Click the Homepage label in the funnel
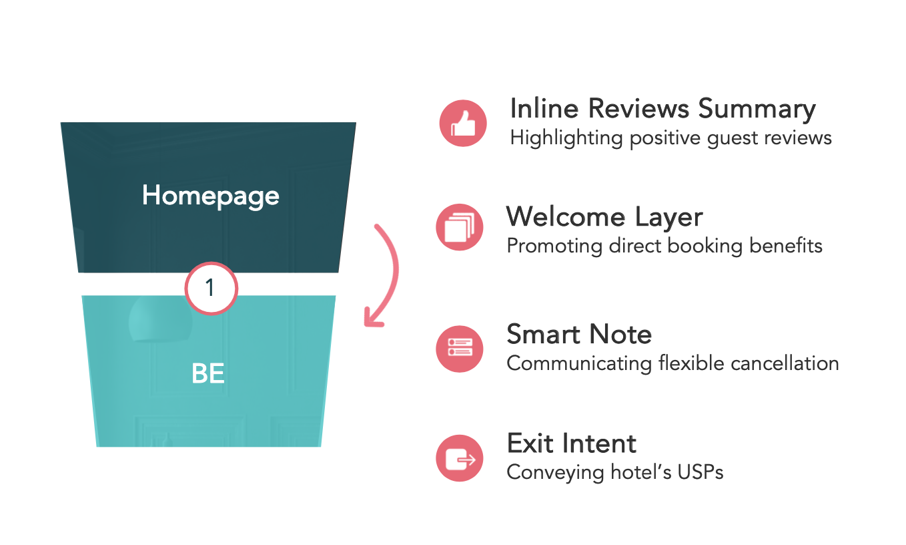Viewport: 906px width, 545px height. click(210, 196)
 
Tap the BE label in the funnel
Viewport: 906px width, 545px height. click(207, 374)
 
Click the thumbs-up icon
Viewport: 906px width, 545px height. click(463, 123)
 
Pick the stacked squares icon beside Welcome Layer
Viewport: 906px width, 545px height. click(460, 227)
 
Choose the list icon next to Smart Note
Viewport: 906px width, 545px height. click(460, 347)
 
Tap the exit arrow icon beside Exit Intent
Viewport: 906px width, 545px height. click(460, 458)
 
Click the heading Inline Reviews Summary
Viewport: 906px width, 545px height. click(662, 109)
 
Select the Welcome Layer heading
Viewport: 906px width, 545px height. click(604, 217)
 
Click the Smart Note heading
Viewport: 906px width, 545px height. click(579, 334)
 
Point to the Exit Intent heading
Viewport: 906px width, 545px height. click(572, 443)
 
